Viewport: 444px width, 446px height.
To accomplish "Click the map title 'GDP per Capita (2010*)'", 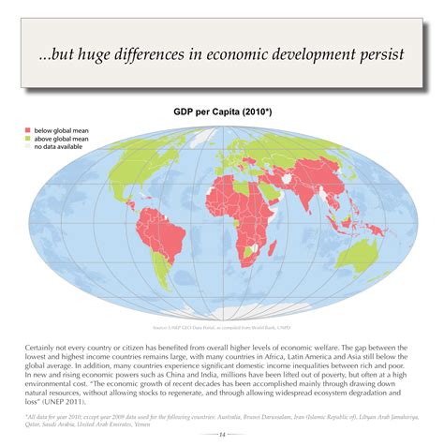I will [x=222, y=111].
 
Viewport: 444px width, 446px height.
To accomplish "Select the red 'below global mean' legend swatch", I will [x=26, y=130].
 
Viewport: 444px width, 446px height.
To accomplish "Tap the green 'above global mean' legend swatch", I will [x=26, y=139].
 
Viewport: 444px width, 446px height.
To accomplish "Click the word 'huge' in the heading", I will [x=103, y=54].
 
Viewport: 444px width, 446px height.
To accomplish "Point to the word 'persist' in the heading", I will [x=374, y=54].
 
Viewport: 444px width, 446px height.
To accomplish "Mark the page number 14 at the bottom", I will [x=222, y=433].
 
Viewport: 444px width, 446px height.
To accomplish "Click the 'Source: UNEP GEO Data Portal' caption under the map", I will [x=222, y=328].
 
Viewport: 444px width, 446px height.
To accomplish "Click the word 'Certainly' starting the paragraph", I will [x=42, y=347].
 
